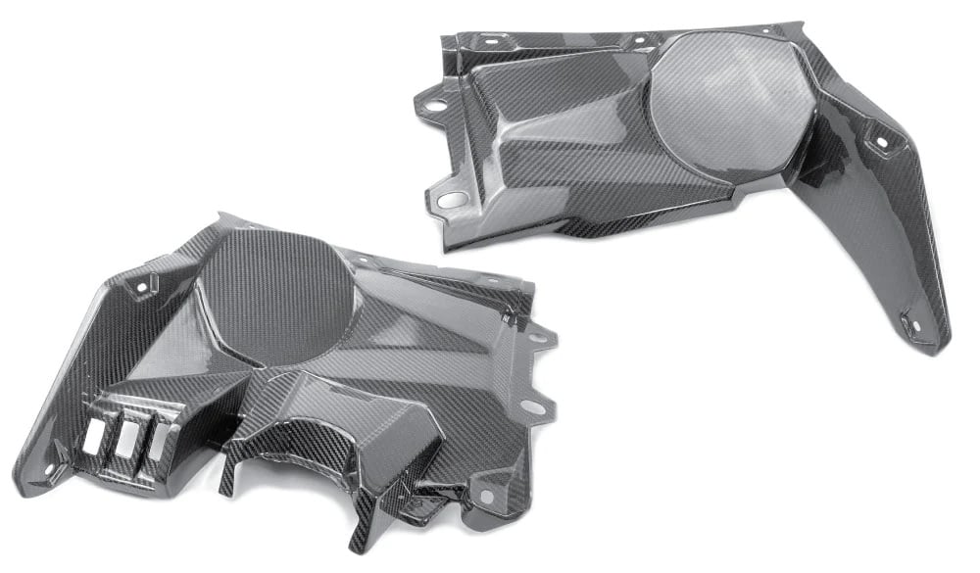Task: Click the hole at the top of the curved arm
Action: coord(878,142)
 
